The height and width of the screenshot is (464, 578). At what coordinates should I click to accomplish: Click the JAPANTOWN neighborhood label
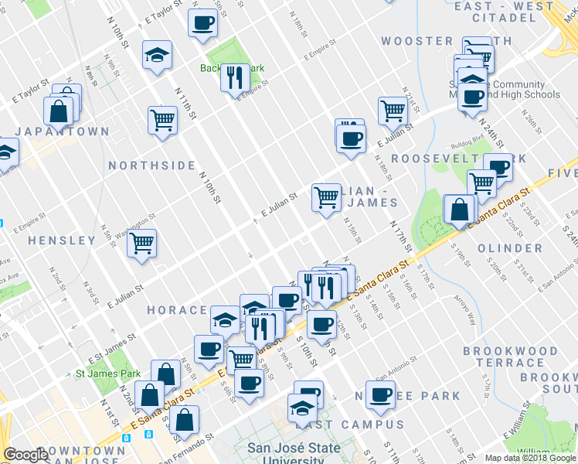pyautogui.click(x=63, y=131)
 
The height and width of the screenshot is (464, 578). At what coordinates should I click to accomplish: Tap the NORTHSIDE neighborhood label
pyautogui.click(x=151, y=165)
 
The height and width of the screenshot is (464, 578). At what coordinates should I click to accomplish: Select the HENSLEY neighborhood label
pyautogui.click(x=63, y=241)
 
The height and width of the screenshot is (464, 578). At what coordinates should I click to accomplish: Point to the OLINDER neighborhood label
pyautogui.click(x=510, y=248)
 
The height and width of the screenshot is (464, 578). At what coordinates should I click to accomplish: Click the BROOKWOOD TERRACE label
pyautogui.click(x=510, y=357)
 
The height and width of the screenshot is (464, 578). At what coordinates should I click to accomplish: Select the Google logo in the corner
pyautogui.click(x=25, y=455)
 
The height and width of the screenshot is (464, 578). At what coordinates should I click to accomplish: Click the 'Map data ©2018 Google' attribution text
pyautogui.click(x=529, y=458)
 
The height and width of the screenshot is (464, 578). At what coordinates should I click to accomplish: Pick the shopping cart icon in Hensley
pyautogui.click(x=142, y=243)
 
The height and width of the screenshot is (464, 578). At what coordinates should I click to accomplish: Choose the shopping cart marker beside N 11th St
pyautogui.click(x=163, y=120)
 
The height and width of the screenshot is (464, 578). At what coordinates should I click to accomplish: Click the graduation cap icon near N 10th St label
pyautogui.click(x=157, y=54)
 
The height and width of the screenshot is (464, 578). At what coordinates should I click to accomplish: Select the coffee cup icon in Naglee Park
pyautogui.click(x=380, y=394)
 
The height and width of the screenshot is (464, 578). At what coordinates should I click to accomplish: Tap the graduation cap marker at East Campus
pyautogui.click(x=302, y=407)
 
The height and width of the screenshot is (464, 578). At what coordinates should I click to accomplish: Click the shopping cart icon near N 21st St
pyautogui.click(x=393, y=111)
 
